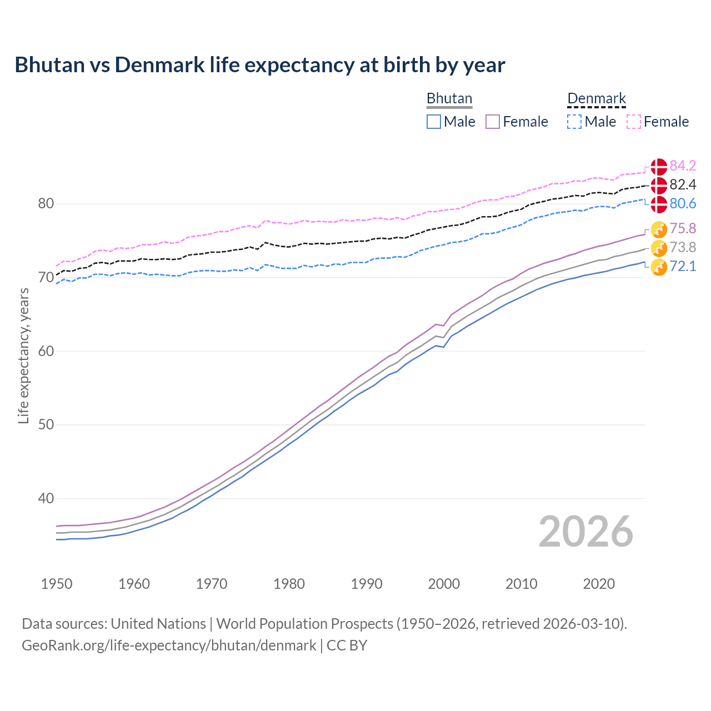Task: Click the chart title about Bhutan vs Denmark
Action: (259, 65)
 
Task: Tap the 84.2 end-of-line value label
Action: (683, 166)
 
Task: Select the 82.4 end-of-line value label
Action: (683, 184)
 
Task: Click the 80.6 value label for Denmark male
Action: (683, 203)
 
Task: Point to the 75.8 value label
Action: (683, 228)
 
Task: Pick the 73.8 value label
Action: (683, 247)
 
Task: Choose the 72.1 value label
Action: (683, 266)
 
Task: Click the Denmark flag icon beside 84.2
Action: (659, 166)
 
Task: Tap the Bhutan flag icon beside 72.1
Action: (659, 267)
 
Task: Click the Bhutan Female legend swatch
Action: (493, 122)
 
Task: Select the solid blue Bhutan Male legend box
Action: (434, 122)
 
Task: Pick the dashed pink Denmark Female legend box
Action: (634, 122)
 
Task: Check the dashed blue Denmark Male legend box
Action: (574, 122)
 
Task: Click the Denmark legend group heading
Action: (597, 98)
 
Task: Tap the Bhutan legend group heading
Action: (449, 98)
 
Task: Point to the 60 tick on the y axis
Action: (46, 351)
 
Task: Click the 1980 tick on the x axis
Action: (289, 584)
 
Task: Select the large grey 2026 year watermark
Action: (585, 532)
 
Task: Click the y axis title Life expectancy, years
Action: (23, 355)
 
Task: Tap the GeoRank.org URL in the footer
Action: (169, 645)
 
